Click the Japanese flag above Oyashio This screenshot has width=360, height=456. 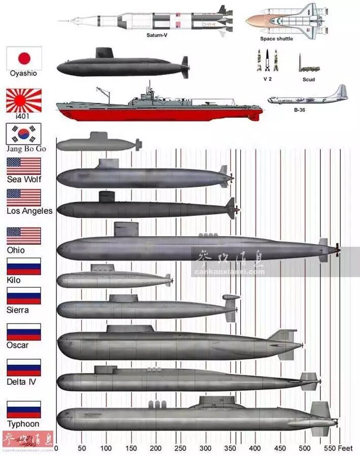pyautogui.click(x=24, y=58)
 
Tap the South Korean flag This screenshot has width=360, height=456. pyautogui.click(x=23, y=134)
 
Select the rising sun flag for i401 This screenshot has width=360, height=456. pyautogui.click(x=23, y=101)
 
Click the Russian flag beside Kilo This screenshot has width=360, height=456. pyautogui.click(x=23, y=266)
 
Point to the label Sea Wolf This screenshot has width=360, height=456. pyautogui.click(x=24, y=179)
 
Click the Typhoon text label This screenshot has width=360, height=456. pyautogui.click(x=23, y=424)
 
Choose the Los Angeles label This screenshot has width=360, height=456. pyautogui.click(x=29, y=211)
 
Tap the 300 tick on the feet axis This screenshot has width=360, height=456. pyautogui.click(x=155, y=448)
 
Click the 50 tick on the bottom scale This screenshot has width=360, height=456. pyautogui.click(x=81, y=448)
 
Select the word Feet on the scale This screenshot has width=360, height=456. pyautogui.click(x=345, y=448)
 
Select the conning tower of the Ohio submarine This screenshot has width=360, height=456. pyautogui.click(x=126, y=229)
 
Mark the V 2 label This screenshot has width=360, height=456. pyautogui.click(x=268, y=79)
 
